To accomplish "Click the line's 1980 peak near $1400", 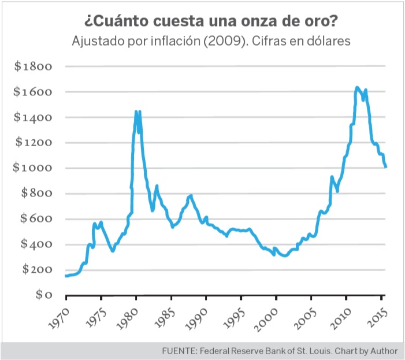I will pyautogui.click(x=136, y=112).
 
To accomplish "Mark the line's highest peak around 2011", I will pyautogui.click(x=357, y=87).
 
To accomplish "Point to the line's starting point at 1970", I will pyautogui.click(x=66, y=276).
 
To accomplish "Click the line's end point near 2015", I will pyautogui.click(x=386, y=167).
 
